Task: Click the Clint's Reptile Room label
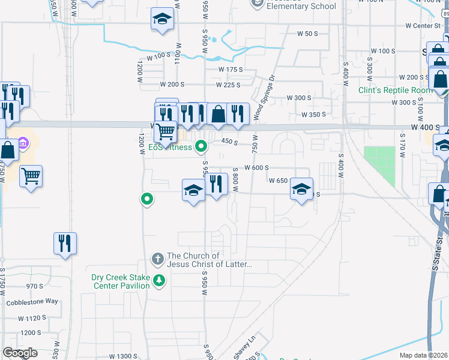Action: click(395, 90)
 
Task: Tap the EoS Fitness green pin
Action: click(202, 146)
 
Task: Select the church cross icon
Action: click(157, 259)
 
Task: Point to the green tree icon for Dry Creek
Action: click(159, 280)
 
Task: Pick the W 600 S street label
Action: click(256, 168)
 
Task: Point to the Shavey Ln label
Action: click(244, 347)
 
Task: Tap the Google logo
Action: click(20, 353)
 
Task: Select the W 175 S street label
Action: click(231, 70)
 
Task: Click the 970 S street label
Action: click(34, 286)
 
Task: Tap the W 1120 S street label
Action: click(32, 318)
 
